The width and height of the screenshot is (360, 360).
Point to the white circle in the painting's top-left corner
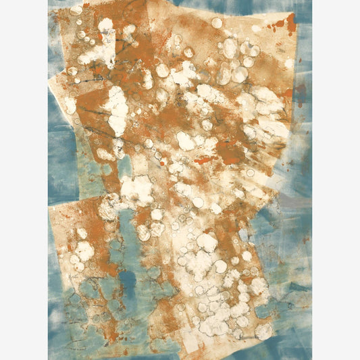click(76, 11)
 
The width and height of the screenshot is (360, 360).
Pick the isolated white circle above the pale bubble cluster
click(216, 23)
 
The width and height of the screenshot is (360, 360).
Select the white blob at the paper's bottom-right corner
click(264, 330)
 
